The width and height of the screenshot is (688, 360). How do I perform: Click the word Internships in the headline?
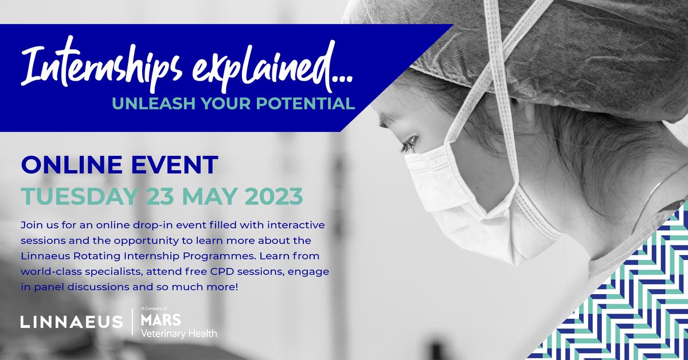(x=103, y=75)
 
